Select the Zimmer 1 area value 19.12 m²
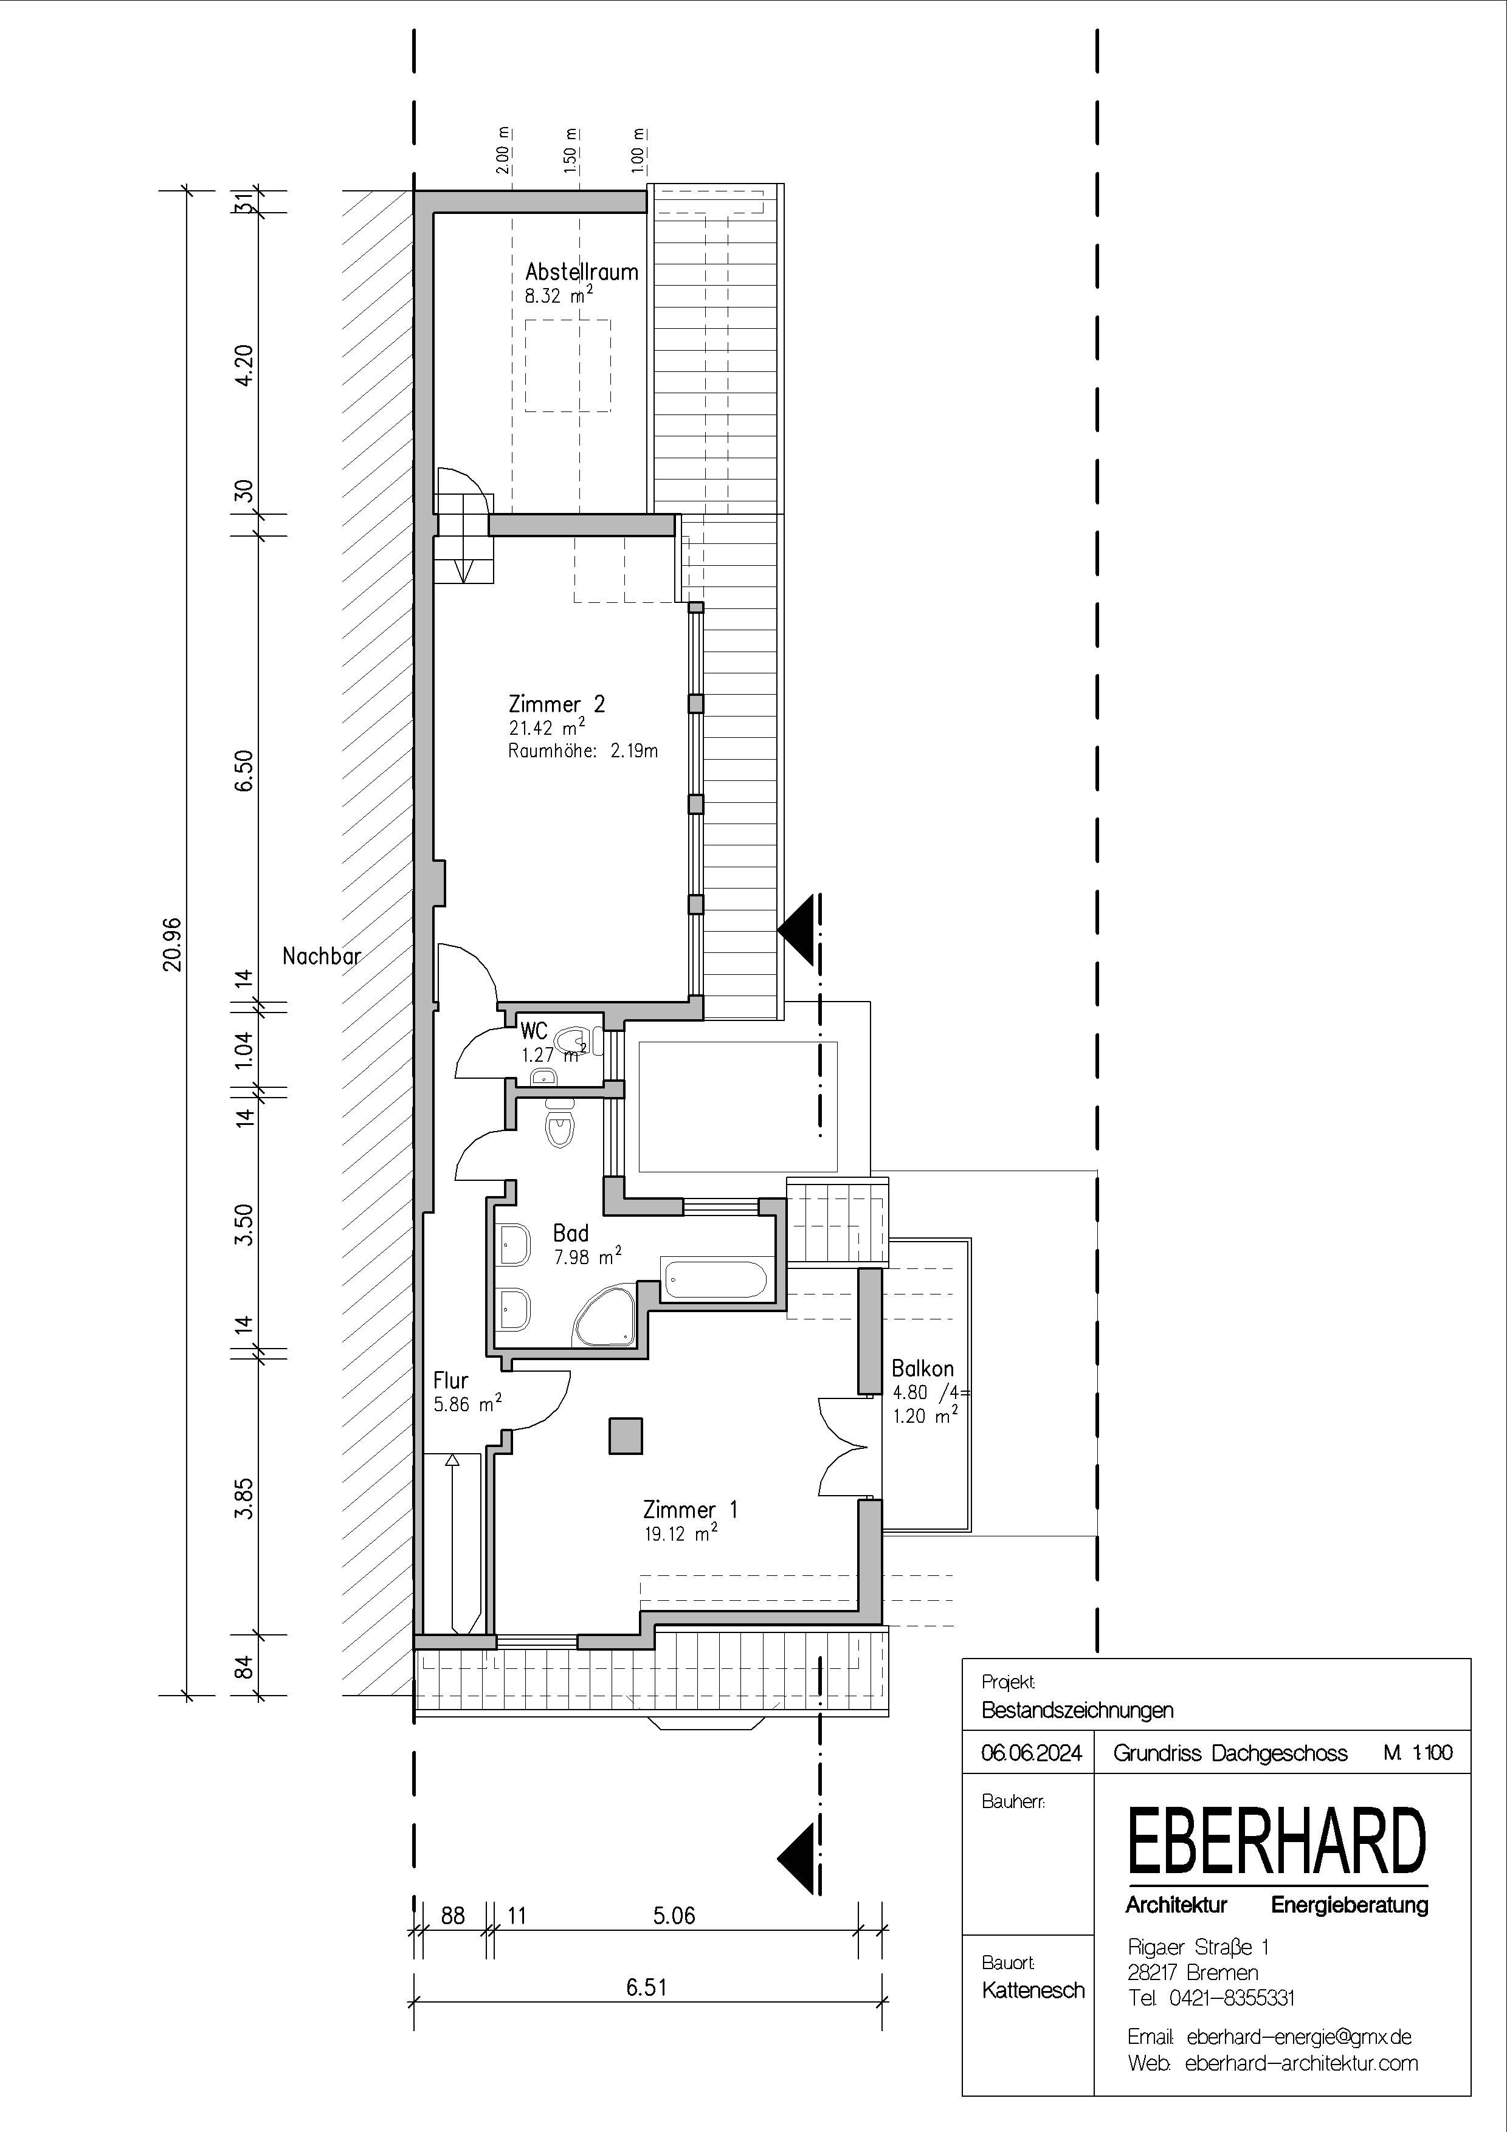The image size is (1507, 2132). (x=681, y=1533)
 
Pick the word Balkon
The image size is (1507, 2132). (x=922, y=1368)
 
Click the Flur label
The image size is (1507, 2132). (x=450, y=1380)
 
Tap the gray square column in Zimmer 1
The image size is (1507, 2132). (x=625, y=1435)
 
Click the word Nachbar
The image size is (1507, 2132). (x=321, y=955)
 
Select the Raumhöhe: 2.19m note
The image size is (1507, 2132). (x=583, y=751)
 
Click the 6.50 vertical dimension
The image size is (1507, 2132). (x=243, y=770)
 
